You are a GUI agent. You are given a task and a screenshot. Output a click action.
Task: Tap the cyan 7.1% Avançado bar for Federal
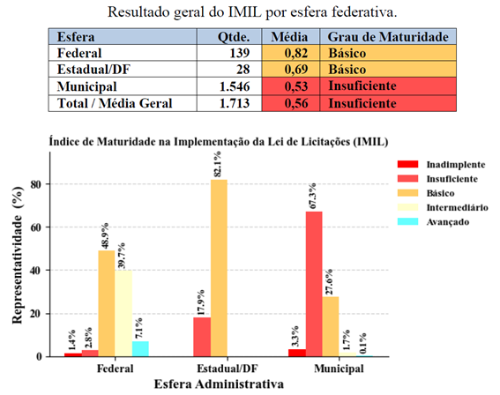point(139,349)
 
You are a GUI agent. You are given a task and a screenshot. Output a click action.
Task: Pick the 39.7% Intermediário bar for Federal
point(123,314)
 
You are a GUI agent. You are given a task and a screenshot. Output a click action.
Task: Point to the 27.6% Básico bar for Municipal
point(330,326)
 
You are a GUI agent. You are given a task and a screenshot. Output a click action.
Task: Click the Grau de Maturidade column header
point(388,38)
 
